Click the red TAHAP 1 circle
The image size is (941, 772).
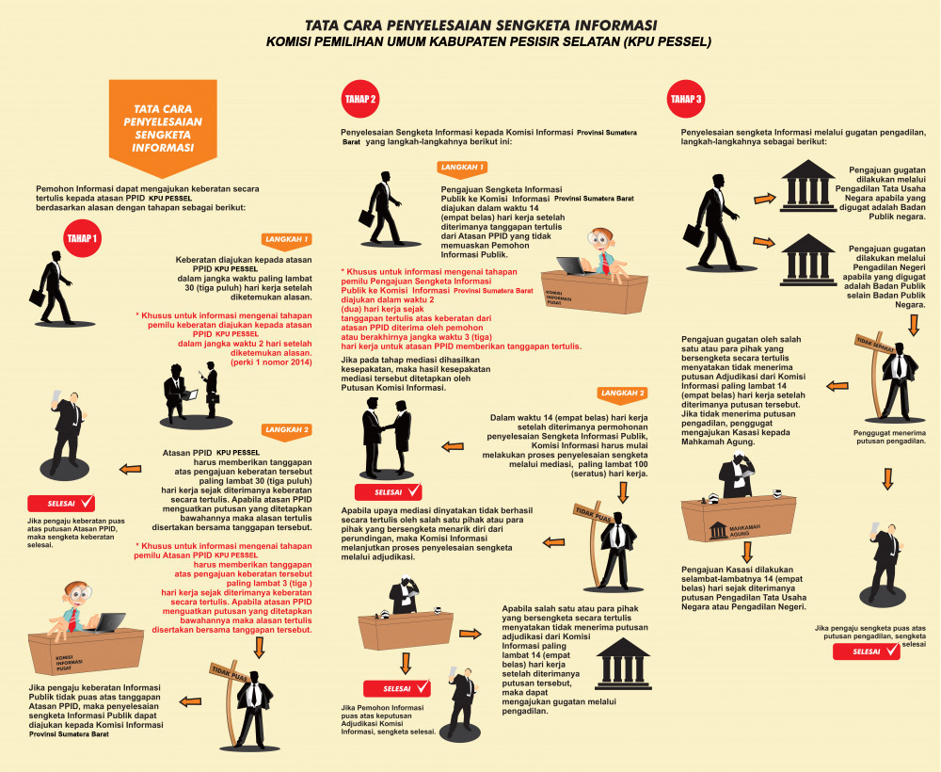tap(82, 238)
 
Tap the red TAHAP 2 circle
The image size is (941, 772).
tap(360, 99)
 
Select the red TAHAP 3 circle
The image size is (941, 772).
tap(686, 99)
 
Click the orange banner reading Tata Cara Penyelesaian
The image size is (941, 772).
tap(163, 127)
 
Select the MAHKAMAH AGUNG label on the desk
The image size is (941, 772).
tap(744, 530)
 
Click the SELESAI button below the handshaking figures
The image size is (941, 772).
tap(389, 492)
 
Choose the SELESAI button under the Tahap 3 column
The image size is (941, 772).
tap(867, 651)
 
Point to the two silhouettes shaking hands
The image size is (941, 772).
tap(387, 436)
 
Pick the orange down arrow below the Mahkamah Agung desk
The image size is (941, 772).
tap(747, 552)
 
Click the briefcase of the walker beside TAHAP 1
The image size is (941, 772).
tap(38, 298)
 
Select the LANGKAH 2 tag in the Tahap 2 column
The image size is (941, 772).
tap(623, 394)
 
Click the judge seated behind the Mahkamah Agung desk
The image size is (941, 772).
tap(736, 474)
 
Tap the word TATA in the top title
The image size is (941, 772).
tap(322, 25)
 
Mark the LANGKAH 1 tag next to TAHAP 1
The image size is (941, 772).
tap(287, 240)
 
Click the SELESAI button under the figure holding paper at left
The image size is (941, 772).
tap(61, 504)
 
